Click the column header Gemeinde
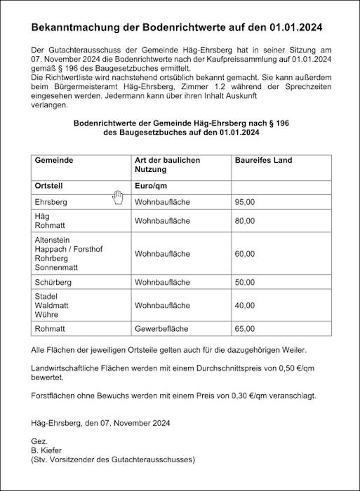point(54,161)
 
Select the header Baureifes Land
point(263,161)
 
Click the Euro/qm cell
point(151,186)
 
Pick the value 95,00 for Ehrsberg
point(245,202)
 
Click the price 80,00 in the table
point(245,221)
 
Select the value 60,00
point(245,254)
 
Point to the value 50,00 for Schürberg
point(245,282)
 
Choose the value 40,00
point(245,306)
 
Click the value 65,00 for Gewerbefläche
point(245,328)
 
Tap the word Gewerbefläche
point(162,328)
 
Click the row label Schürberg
point(53,282)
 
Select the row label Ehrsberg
point(51,202)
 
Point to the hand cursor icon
point(117,197)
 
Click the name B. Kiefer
point(47,450)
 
